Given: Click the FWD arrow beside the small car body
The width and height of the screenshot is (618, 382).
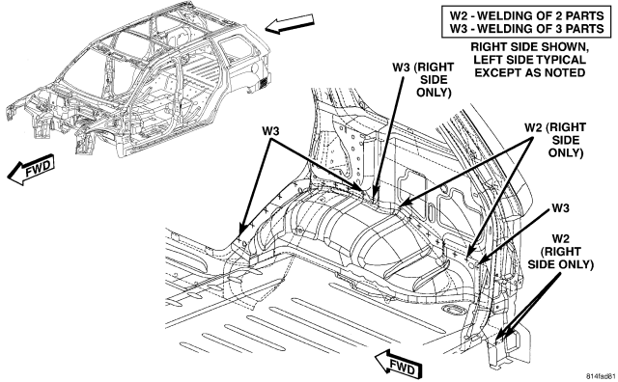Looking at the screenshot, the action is tap(30, 170).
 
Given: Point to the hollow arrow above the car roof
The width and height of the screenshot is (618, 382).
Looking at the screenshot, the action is tap(290, 23).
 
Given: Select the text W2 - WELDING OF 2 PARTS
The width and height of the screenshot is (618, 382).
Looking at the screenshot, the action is tap(527, 15).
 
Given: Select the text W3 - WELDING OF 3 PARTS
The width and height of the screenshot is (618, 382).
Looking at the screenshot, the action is tap(527, 29).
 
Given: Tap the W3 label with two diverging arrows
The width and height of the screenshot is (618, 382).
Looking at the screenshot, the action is tap(270, 131).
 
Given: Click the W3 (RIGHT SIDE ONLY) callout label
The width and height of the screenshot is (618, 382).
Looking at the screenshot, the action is tap(423, 79).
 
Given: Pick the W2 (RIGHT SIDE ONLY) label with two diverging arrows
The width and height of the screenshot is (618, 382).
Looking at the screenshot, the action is tap(555, 140).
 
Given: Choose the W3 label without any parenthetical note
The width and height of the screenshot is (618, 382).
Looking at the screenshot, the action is tap(560, 207).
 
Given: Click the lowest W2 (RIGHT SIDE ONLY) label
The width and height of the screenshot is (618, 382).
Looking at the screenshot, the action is tap(560, 251).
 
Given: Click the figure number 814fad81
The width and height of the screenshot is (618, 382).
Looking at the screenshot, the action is tap(601, 375).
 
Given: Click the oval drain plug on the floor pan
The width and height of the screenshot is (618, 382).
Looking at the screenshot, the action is tap(453, 309).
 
